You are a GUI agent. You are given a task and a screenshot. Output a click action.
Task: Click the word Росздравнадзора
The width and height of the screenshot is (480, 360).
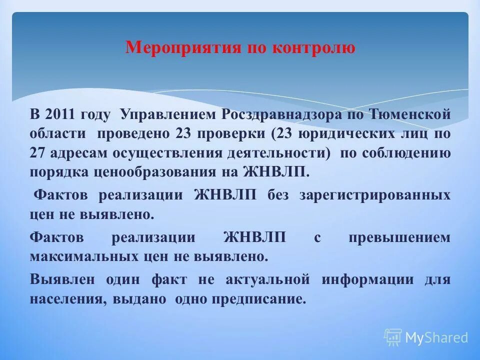tap(272, 114)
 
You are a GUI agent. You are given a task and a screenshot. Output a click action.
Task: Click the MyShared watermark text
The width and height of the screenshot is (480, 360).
tap(436, 337)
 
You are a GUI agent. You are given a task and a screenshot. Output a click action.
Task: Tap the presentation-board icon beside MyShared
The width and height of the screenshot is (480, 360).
tap(393, 337)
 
